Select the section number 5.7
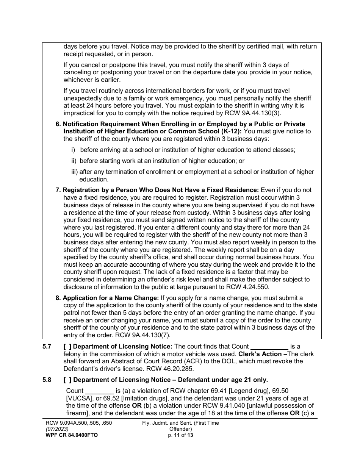[47, 346]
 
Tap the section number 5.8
[47, 380]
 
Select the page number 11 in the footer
[175, 435]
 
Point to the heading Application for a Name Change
[111, 298]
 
